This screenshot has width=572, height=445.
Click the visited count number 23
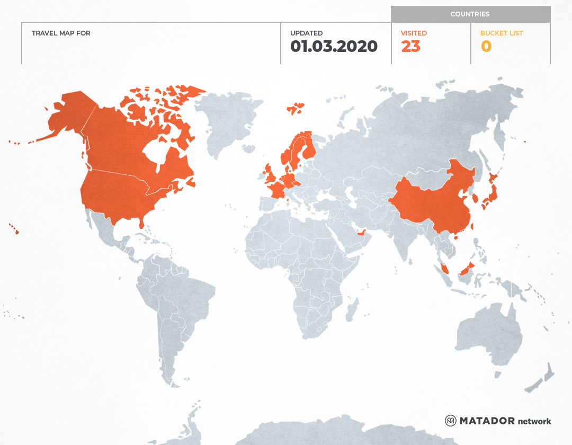410,47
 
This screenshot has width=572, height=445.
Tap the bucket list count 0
486,47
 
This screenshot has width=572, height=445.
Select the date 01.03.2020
334,47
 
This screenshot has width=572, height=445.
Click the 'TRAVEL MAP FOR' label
61,33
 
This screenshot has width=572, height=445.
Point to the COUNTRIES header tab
470,14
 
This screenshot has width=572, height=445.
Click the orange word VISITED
414,33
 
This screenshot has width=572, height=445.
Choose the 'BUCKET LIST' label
501,33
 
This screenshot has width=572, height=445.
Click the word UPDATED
306,33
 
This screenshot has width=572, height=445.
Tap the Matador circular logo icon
450,421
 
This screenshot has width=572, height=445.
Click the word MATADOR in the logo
487,421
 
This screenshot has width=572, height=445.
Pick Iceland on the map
296,109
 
